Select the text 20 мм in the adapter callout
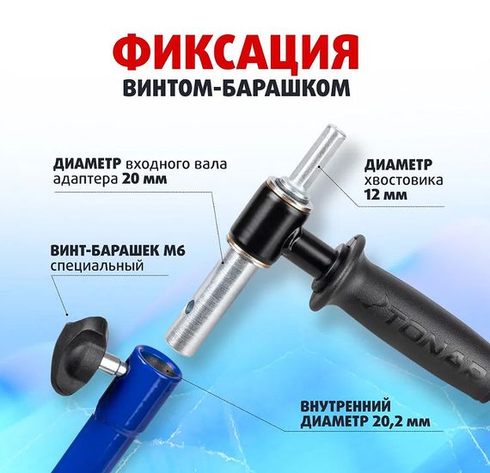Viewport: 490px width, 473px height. pos(144,179)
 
